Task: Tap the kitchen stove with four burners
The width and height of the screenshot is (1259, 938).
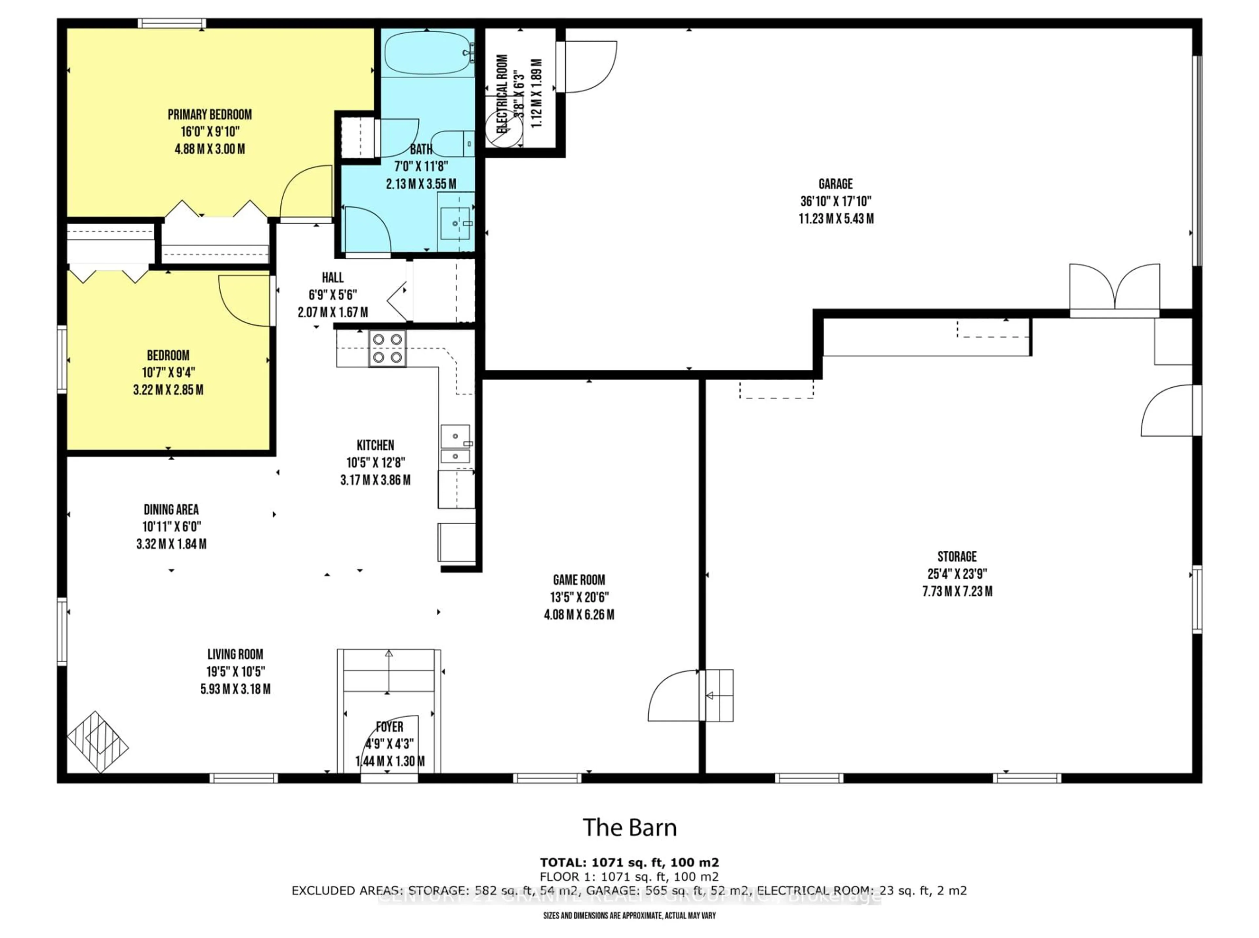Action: pos(387,348)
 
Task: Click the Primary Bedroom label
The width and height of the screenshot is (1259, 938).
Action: pos(210,115)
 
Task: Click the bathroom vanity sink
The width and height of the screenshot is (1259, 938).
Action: pos(455,223)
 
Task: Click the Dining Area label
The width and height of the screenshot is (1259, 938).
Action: pos(171,509)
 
